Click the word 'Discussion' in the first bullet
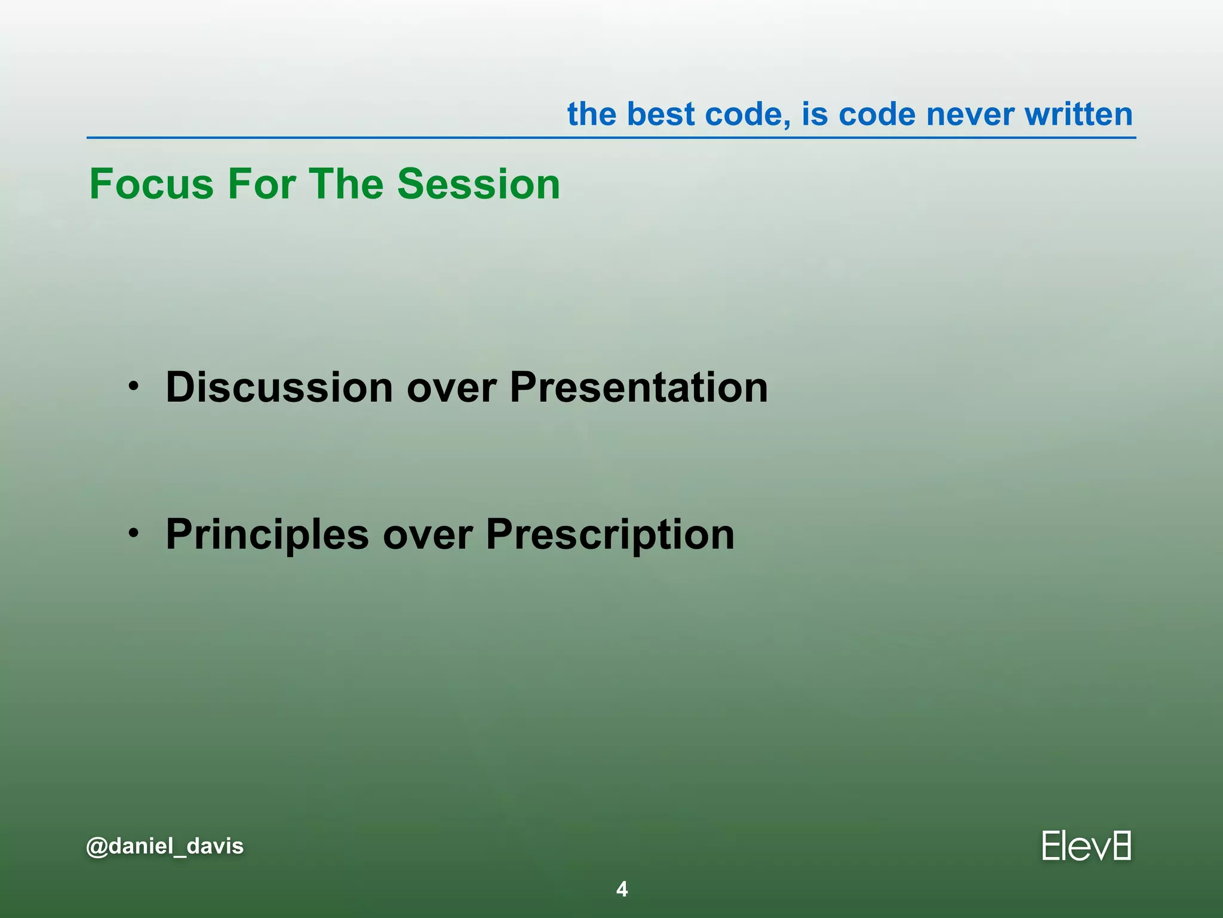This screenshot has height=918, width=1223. point(279,387)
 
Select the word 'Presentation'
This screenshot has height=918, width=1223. point(638,387)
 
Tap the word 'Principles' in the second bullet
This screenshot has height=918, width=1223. point(267,534)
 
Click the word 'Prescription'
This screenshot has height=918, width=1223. point(610,534)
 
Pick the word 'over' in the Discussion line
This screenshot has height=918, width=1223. point(451,388)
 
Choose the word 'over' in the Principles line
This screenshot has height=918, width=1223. point(427,535)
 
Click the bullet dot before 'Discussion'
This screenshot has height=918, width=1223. point(134,385)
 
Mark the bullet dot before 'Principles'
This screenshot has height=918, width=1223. point(134,531)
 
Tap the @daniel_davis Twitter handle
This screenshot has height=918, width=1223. point(165,846)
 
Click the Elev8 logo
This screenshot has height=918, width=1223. point(1086,846)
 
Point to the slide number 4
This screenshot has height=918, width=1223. point(622,889)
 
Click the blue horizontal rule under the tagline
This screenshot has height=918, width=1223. point(611,138)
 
